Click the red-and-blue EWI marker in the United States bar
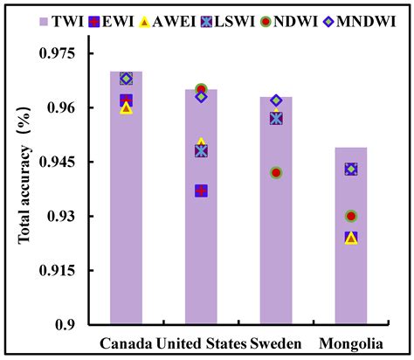tap(201, 190)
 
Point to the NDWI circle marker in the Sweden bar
tap(276, 173)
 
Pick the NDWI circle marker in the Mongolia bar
tap(351, 216)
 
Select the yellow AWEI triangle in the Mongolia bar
tap(351, 238)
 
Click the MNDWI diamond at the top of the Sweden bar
tap(276, 100)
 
